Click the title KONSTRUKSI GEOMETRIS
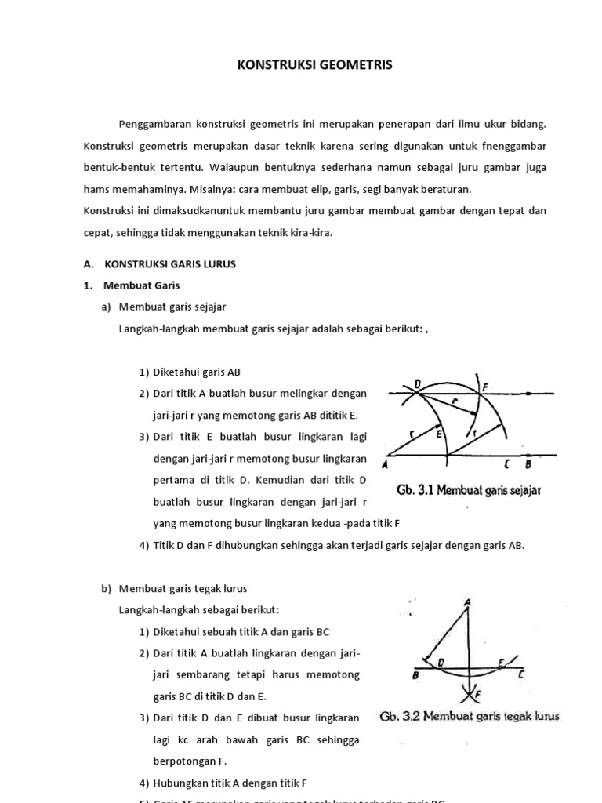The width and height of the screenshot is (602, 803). (314, 66)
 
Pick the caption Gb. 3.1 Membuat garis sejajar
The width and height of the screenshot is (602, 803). (469, 491)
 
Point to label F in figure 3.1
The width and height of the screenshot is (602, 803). (486, 385)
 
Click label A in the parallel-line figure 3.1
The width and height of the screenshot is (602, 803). (386, 464)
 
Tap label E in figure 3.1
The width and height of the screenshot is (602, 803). (440, 433)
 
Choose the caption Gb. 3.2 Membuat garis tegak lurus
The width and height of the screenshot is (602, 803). (470, 717)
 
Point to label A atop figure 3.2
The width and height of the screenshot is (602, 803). (468, 602)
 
